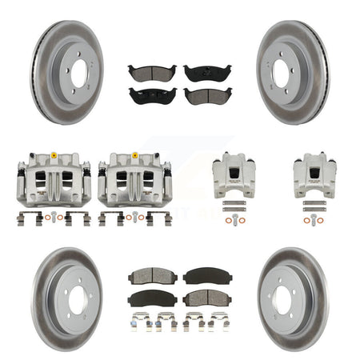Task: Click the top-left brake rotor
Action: click(67, 73)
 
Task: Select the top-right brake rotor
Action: click(293, 73)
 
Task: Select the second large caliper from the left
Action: click(134, 180)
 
